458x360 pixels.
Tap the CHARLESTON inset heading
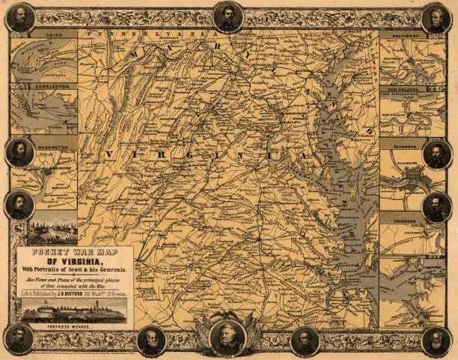point(55,87)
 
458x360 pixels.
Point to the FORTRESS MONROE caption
point(73,326)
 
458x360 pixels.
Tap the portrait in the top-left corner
point(21,17)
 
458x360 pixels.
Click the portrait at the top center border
point(228,16)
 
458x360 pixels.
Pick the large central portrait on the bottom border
point(228,337)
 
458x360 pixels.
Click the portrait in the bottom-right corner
point(436,341)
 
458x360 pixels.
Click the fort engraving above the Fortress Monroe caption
point(73,311)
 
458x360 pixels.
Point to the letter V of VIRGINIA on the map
point(110,154)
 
